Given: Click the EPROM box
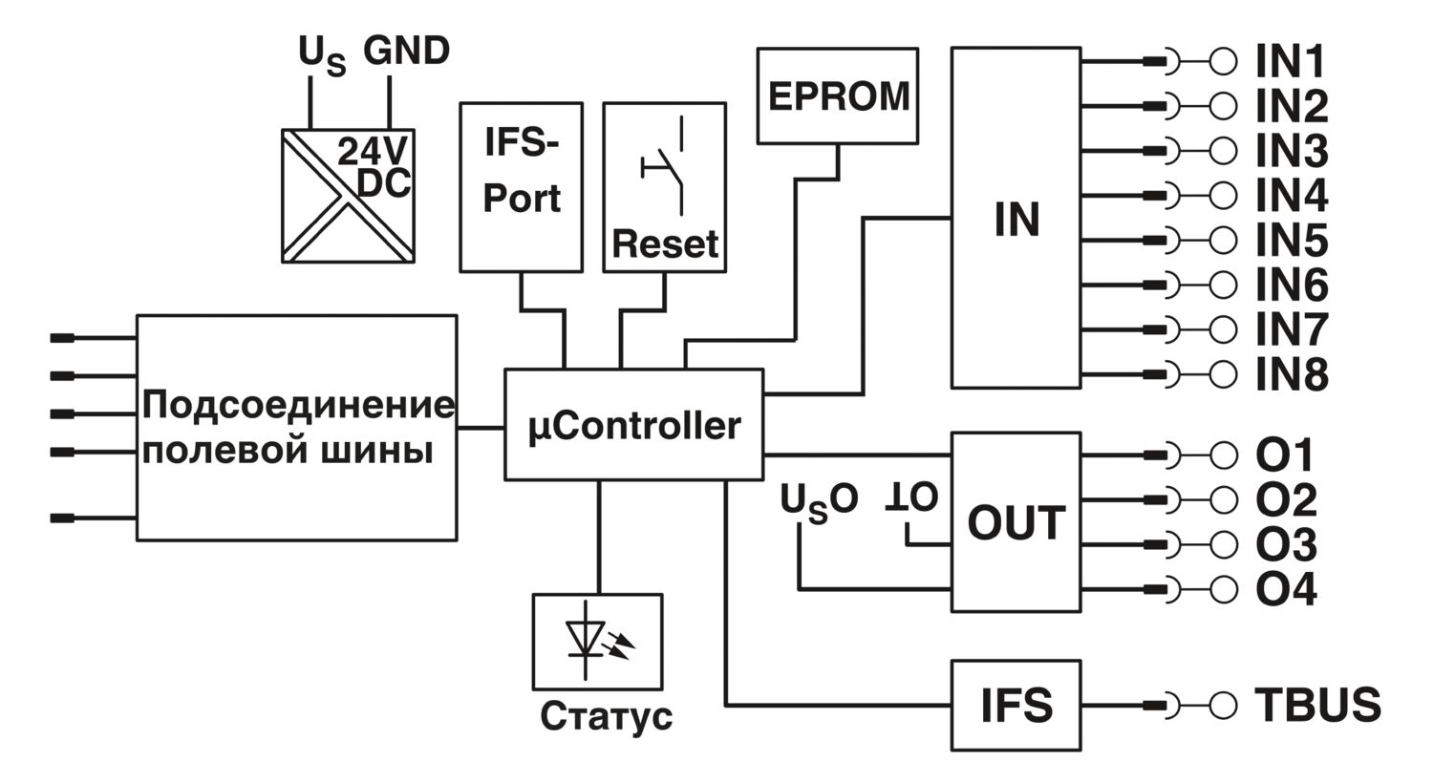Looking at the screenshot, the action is (x=838, y=95).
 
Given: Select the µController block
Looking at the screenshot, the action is (x=634, y=424).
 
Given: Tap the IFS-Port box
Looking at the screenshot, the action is (x=521, y=187).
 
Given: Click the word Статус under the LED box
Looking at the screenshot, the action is (x=606, y=716).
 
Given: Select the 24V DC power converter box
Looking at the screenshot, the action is (x=348, y=196).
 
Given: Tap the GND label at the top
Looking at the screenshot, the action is (x=406, y=51).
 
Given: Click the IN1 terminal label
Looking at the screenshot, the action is (x=1290, y=61).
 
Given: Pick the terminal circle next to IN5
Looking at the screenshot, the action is (x=1223, y=240).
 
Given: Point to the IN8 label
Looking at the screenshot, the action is (x=1292, y=374).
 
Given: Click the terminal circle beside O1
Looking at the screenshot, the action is (x=1223, y=455).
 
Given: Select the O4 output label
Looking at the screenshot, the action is (x=1286, y=589).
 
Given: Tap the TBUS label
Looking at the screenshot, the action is (x=1317, y=705).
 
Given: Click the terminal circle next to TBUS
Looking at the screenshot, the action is (x=1223, y=705).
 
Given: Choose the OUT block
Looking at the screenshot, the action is (x=1016, y=522).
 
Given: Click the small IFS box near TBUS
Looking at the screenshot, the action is (x=1016, y=705).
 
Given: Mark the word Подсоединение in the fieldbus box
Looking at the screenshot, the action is (x=298, y=405).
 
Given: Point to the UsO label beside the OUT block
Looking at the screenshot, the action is (x=819, y=502).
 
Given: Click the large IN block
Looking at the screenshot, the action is (x=1016, y=218).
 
